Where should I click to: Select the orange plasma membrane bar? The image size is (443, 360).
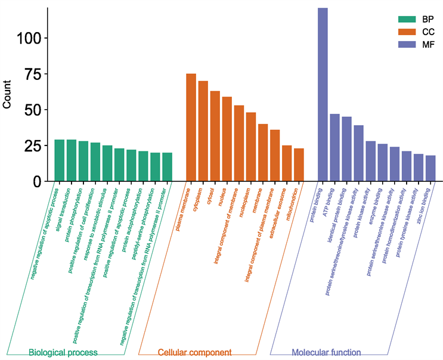point(191,128)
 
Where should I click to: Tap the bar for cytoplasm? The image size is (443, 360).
point(203,131)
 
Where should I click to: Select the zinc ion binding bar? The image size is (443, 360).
point(430,168)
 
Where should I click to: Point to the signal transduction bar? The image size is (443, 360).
point(72,160)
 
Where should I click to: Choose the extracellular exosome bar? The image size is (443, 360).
point(287,163)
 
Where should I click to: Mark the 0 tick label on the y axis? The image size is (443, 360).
point(37,181)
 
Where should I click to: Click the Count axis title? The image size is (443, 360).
point(8,95)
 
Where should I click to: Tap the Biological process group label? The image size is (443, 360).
point(63,353)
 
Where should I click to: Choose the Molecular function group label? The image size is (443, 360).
point(326,353)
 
